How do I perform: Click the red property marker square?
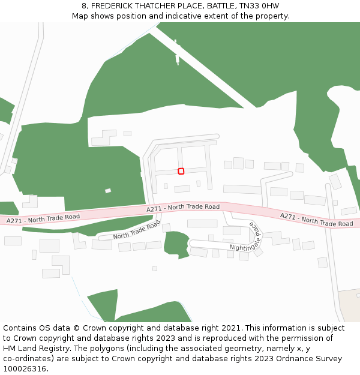(181, 171)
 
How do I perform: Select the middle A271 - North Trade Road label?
(183, 207)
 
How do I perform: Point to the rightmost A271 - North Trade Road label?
(316, 220)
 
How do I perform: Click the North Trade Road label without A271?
(137, 230)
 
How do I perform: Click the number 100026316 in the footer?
(25, 369)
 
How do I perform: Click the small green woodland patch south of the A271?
(176, 244)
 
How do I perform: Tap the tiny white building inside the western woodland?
(108, 191)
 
